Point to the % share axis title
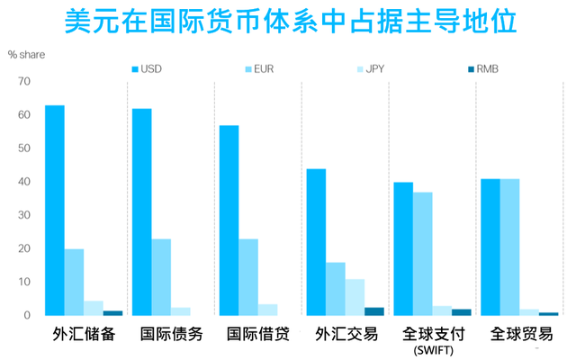(x=26, y=54)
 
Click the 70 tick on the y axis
(x=23, y=82)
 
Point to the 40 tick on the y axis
(x=23, y=182)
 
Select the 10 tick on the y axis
(x=23, y=282)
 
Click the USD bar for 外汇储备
(x=55, y=211)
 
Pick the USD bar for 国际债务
(x=142, y=212)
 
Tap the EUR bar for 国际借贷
(x=248, y=277)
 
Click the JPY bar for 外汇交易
(x=355, y=297)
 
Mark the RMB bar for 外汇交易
(x=373, y=311)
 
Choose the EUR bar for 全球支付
(x=423, y=254)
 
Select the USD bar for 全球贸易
(x=490, y=247)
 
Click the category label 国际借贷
(x=258, y=334)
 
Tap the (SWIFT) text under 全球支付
(x=434, y=350)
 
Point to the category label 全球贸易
(x=521, y=334)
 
